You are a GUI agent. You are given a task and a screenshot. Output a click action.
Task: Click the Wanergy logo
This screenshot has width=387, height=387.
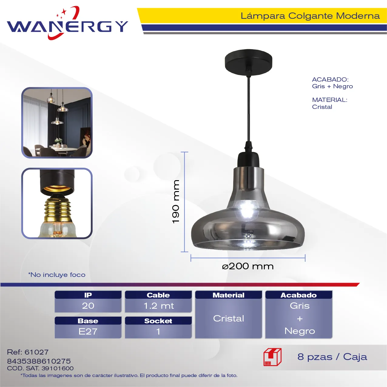67,23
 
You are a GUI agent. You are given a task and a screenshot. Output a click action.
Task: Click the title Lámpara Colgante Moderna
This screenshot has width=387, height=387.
310,16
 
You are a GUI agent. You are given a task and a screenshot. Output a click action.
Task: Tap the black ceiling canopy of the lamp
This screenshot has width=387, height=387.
248,62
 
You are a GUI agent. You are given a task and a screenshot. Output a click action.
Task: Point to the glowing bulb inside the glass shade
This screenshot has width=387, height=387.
247,210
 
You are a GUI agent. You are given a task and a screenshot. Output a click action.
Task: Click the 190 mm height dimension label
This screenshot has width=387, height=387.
176,201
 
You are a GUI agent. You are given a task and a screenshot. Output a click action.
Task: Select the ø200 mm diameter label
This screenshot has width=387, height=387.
248,266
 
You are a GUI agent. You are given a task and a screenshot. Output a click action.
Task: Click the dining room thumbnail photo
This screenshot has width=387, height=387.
57,123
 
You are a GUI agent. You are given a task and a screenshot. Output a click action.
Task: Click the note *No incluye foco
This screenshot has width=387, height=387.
57,274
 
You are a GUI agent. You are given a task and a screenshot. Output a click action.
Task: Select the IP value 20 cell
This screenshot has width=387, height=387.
88,306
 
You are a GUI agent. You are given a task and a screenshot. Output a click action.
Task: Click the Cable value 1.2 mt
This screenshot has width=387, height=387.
158,306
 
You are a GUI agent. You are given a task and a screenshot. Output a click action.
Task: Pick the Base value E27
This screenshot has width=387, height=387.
88,331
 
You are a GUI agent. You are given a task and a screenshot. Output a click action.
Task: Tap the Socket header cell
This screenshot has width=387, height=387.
158,321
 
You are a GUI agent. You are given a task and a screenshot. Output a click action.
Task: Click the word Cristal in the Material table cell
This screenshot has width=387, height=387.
229,318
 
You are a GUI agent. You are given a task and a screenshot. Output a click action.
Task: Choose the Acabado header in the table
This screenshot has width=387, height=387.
299,295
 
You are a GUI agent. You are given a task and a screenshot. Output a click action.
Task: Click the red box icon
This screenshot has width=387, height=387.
273,357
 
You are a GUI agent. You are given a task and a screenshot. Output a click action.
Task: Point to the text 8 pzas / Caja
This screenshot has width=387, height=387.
332,357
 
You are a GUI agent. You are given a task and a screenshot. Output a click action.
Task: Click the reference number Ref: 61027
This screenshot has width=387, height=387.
28,352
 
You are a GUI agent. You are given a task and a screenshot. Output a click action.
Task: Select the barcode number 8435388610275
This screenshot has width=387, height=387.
39,361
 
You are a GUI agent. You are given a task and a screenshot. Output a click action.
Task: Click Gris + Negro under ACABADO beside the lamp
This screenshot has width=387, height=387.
332,86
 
